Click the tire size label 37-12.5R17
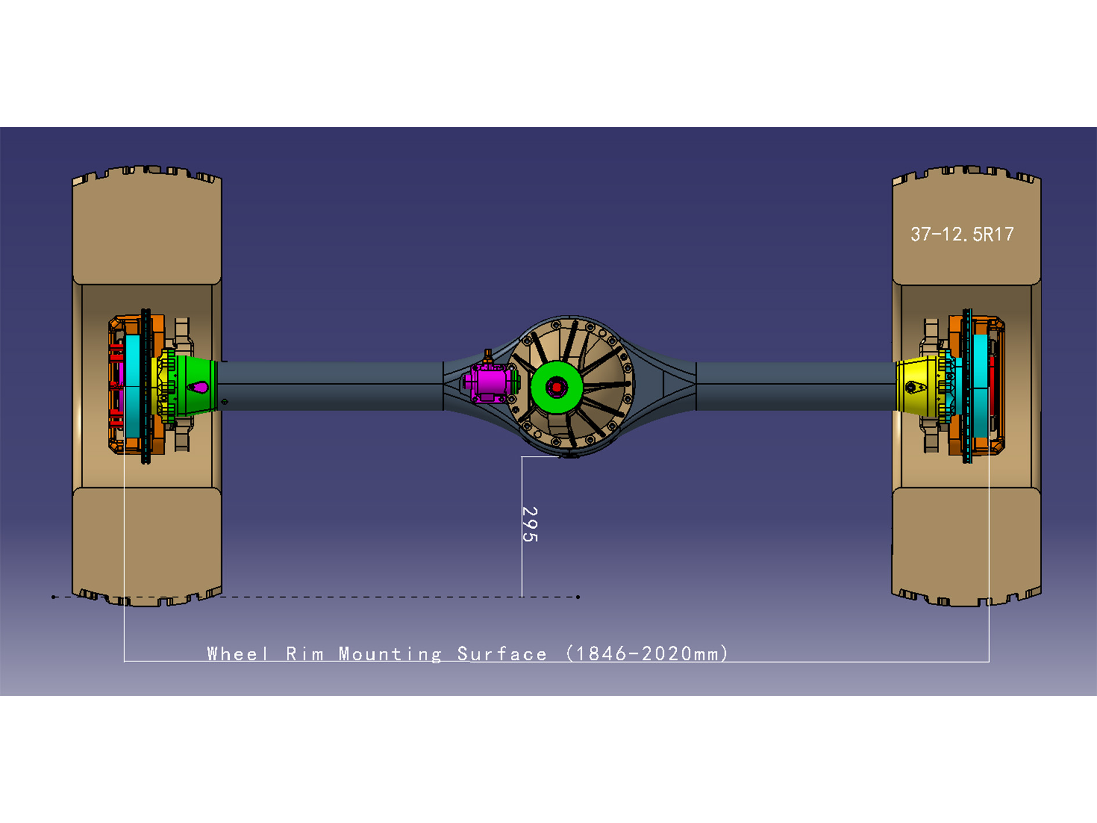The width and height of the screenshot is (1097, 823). pyautogui.click(x=962, y=234)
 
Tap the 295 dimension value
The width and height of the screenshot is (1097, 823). pyautogui.click(x=530, y=524)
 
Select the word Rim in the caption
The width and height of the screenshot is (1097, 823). pyautogui.click(x=305, y=654)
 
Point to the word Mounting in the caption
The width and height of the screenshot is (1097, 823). pyautogui.click(x=390, y=654)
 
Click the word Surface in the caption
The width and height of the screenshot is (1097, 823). pyautogui.click(x=502, y=654)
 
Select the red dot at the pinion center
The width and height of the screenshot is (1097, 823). pyautogui.click(x=557, y=387)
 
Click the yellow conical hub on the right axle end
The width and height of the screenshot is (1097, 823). pyautogui.click(x=916, y=386)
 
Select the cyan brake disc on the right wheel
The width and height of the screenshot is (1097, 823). pyautogui.click(x=980, y=386)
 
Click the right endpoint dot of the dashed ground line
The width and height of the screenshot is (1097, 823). pyautogui.click(x=578, y=597)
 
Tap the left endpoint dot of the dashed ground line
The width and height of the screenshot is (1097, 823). pyautogui.click(x=53, y=597)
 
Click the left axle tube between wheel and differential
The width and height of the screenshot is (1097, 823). pyautogui.click(x=331, y=386)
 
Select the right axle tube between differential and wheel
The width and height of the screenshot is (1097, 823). pyautogui.click(x=795, y=386)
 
